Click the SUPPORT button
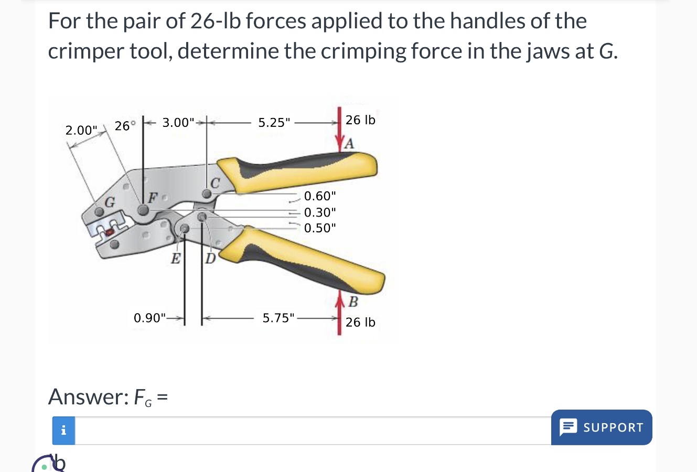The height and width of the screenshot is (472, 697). (x=602, y=427)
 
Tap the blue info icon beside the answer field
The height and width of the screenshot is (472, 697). (x=63, y=431)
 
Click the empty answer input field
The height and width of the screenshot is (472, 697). (x=313, y=431)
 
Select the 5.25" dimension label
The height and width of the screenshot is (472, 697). (x=274, y=123)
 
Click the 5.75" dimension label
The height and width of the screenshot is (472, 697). (x=278, y=318)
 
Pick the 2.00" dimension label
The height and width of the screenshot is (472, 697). (x=81, y=130)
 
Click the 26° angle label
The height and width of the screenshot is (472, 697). (x=125, y=126)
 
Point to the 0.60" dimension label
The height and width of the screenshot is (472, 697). (x=320, y=196)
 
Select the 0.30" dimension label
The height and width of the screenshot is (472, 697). (x=320, y=212)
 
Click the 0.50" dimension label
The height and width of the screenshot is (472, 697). (x=320, y=228)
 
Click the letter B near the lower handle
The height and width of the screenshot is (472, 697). (x=353, y=302)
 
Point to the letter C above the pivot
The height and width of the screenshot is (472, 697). (x=215, y=182)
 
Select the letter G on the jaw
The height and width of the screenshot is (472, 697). (x=110, y=201)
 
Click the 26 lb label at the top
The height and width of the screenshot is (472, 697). (x=360, y=120)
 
